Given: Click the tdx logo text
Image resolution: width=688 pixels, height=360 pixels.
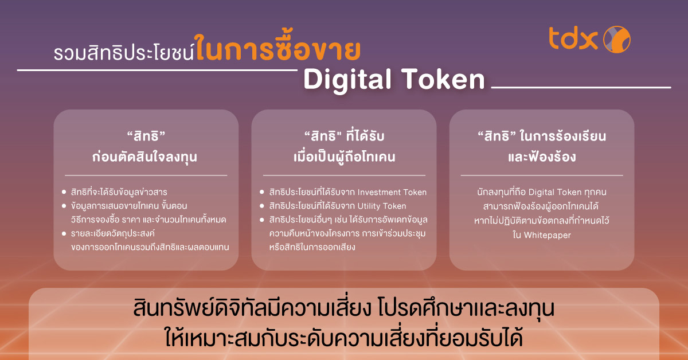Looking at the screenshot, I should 573,39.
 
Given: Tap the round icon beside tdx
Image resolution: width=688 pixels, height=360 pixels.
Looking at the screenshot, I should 616,39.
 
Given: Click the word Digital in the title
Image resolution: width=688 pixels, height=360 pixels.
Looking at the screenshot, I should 347,80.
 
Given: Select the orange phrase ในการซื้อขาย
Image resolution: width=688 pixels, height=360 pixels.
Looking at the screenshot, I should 277,50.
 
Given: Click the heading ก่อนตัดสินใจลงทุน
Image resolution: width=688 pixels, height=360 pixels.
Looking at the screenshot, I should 146,156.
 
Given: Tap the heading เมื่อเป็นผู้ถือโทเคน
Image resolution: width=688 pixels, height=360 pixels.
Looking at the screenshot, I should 344,156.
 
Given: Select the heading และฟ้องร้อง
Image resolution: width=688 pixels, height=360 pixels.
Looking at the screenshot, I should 542,156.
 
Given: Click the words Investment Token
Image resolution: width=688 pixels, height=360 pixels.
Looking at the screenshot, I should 394,193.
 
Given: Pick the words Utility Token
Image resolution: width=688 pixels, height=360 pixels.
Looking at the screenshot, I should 380,206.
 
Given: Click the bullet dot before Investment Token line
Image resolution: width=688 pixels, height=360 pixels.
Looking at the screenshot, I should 263,193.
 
